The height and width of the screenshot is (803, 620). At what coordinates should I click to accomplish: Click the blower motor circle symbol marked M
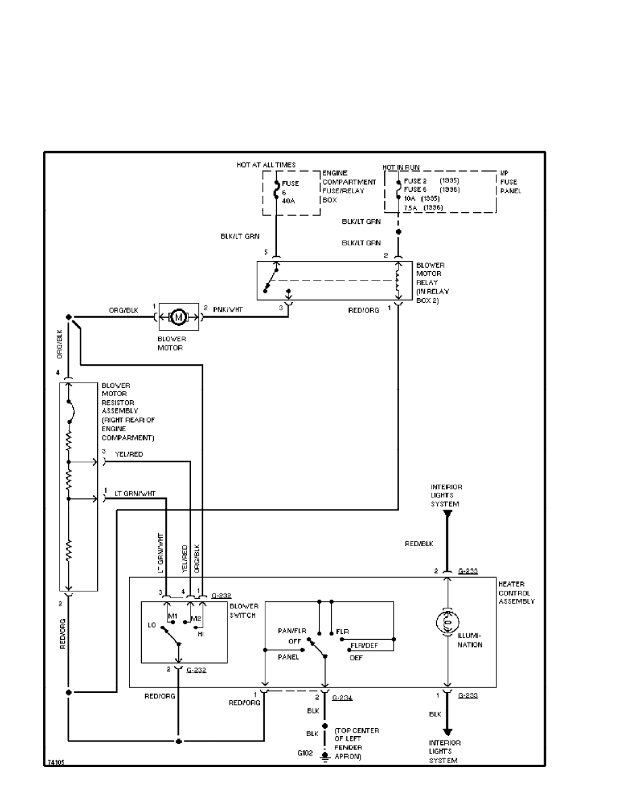178,316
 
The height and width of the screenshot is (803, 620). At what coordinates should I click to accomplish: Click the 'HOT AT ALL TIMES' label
265,165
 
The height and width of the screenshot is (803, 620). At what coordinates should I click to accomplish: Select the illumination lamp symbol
446,622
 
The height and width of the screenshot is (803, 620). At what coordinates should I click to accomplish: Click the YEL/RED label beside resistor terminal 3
130,454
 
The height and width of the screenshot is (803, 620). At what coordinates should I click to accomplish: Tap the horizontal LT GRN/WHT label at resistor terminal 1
135,493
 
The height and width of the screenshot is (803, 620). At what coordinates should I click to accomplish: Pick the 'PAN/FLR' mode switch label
292,631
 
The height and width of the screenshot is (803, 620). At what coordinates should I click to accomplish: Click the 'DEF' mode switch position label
357,656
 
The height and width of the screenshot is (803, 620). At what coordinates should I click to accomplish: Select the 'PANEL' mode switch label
288,656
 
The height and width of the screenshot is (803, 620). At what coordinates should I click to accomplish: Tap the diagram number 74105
57,762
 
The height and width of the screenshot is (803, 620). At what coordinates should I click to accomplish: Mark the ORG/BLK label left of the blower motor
124,310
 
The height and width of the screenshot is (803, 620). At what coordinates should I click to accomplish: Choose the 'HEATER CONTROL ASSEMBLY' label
517,592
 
